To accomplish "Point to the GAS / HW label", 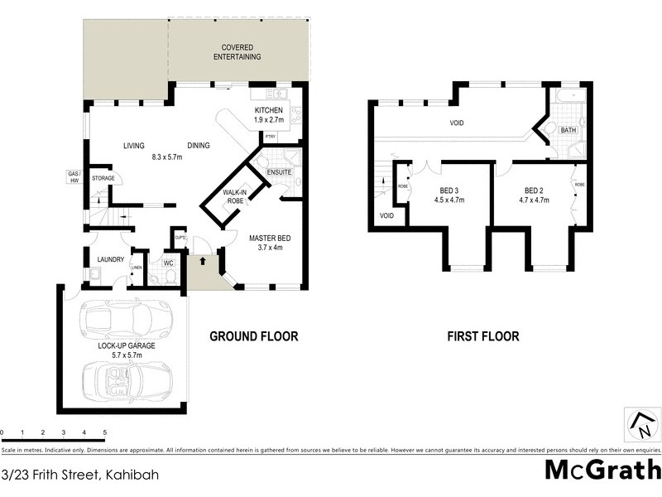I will (x=74, y=177).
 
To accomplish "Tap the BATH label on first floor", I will (x=568, y=131).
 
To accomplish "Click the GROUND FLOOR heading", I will (x=253, y=336).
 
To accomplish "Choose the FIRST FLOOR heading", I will (x=482, y=336).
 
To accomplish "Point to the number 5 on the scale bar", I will (x=104, y=432).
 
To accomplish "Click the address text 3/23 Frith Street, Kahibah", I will (x=80, y=475).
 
